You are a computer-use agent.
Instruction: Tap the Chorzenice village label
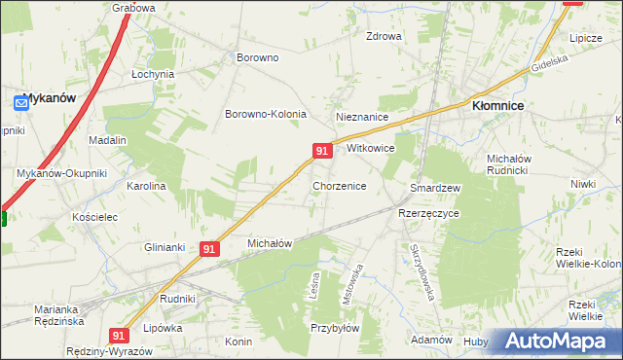[339, 185]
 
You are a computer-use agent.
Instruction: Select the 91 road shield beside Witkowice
[323, 151]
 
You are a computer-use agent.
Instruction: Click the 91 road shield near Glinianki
[209, 249]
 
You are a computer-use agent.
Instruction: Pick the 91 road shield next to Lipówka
[119, 335]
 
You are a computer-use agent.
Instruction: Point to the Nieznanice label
[362, 117]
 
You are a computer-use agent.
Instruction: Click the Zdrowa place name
[383, 37]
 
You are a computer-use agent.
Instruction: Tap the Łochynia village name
[152, 74]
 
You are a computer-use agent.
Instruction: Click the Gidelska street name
[549, 66]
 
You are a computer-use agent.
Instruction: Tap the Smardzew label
[434, 187]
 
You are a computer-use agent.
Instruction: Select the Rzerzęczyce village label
[428, 212]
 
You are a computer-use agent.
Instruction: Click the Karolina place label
[146, 185]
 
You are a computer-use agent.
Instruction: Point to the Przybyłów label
[336, 329]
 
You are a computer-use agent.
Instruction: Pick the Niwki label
[583, 183]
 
